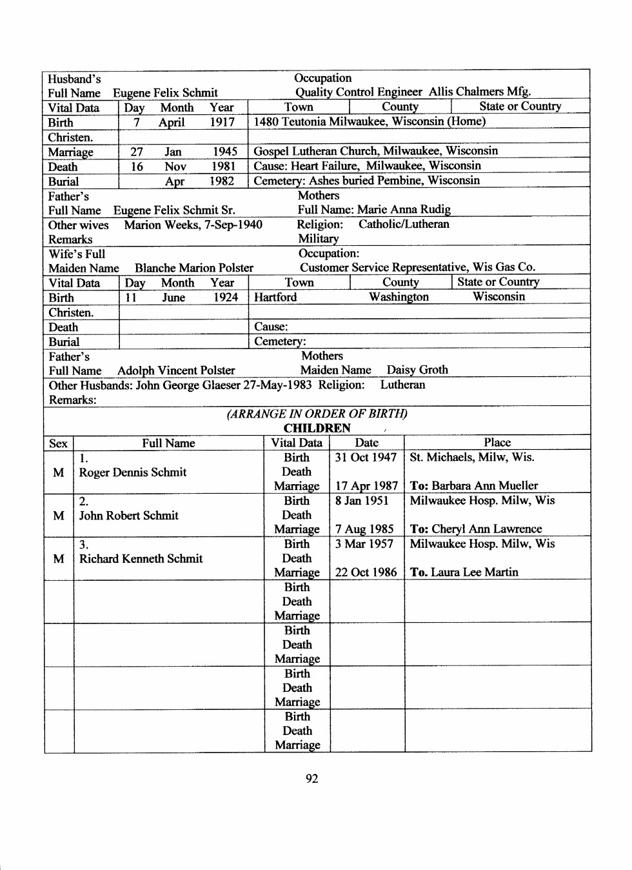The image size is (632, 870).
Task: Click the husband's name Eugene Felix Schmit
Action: (x=165, y=93)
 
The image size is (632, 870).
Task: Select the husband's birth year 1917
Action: (x=222, y=122)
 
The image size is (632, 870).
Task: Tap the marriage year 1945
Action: (x=225, y=152)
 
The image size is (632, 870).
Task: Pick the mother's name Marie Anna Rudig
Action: (x=404, y=210)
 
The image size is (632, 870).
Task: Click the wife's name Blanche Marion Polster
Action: (x=194, y=268)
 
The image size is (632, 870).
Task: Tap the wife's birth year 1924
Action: (x=226, y=298)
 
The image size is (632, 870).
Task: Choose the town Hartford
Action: (x=275, y=298)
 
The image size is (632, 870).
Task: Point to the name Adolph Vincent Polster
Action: (x=176, y=370)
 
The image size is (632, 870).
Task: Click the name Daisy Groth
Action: (x=417, y=370)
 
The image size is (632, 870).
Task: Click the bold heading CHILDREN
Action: (x=317, y=428)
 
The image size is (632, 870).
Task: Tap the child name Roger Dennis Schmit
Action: (x=133, y=472)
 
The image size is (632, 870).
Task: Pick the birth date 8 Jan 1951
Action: (x=362, y=501)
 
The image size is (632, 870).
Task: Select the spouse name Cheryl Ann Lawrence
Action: (x=487, y=529)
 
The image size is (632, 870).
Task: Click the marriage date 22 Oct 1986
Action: (x=366, y=572)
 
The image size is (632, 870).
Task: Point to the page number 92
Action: (x=312, y=779)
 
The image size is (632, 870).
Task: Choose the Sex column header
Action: (x=58, y=443)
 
